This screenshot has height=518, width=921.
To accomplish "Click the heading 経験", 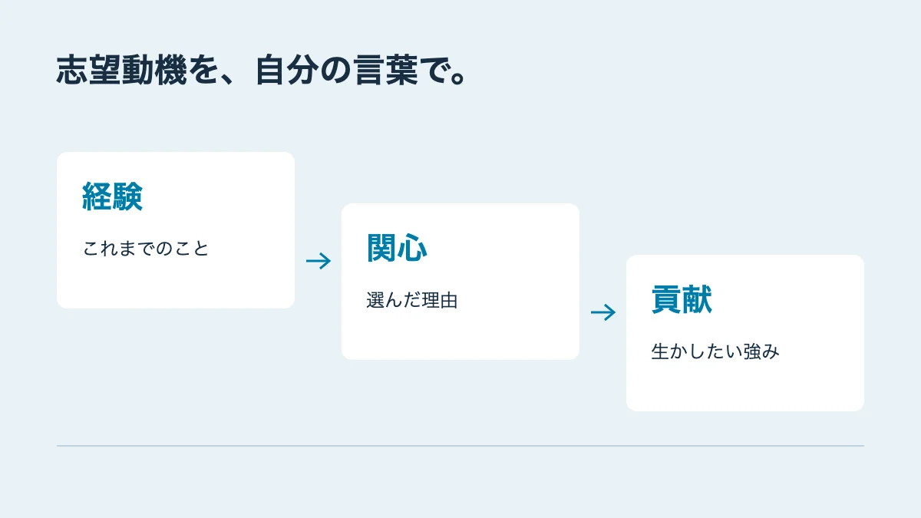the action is (112, 196).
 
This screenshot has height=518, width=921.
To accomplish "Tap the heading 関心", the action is (397, 248).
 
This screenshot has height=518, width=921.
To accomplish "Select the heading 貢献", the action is (682, 299).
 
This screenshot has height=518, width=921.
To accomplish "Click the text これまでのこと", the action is (146, 249).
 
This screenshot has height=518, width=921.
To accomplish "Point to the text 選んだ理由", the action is (412, 300).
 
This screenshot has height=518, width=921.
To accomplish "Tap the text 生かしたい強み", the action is (715, 351).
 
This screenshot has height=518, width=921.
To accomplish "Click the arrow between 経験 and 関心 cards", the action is (319, 261).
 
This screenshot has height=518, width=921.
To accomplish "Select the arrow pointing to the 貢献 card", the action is (603, 312).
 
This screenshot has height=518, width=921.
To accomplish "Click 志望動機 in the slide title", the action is (122, 70).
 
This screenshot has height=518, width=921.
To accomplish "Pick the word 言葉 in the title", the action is (385, 70).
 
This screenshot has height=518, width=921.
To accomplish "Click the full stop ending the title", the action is (457, 78).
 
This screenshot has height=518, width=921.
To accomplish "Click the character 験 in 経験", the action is (128, 196).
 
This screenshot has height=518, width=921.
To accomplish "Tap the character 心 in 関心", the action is (412, 249).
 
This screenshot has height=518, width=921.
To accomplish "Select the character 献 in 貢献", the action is (698, 299).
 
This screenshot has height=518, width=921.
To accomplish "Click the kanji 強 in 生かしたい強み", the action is (752, 351).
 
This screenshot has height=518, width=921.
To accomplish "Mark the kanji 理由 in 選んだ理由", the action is (440, 300).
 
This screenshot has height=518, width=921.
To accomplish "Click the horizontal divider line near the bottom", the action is (460, 446).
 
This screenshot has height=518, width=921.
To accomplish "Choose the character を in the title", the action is (203, 70).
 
